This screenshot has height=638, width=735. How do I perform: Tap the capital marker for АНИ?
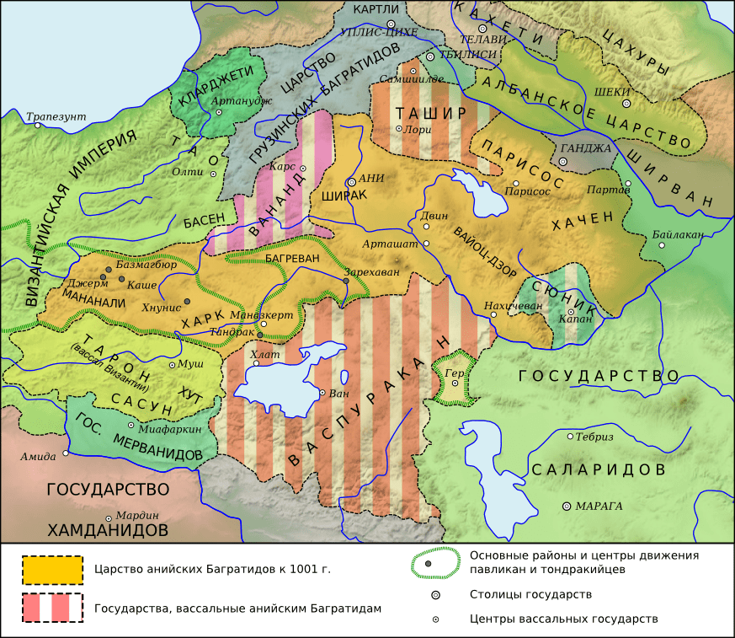pos(351,181)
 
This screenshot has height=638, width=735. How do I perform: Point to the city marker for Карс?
pos(302,169)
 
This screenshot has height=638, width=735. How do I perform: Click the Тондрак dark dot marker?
pos(259,335)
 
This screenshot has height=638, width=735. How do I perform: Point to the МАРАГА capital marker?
pos(566,506)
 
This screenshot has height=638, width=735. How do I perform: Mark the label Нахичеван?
pos(514,305)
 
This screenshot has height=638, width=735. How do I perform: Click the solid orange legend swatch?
pos(52,570)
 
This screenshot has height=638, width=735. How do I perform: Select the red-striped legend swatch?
pos(52,608)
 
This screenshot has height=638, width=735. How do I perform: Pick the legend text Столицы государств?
pos(530,594)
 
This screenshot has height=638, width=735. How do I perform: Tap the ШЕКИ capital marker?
pos(626,103)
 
